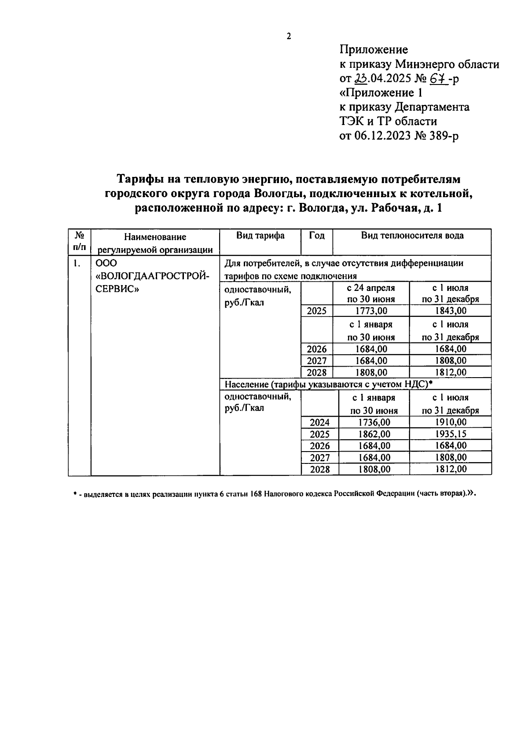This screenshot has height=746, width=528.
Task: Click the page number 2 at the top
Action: pyautogui.click(x=289, y=37)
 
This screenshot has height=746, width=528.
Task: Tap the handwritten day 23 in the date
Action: pyautogui.click(x=360, y=78)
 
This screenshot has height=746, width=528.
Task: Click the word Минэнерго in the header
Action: pyautogui.click(x=423, y=64)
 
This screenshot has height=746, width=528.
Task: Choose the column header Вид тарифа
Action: pyautogui.click(x=260, y=235)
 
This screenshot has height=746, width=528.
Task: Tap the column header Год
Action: pyautogui.click(x=317, y=235)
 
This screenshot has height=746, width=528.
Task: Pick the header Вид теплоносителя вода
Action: pyautogui.click(x=412, y=235)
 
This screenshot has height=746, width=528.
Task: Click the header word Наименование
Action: pyautogui.click(x=155, y=237)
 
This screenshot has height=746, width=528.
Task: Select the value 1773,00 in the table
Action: pyautogui.click(x=371, y=311)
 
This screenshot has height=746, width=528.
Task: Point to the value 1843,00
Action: pyautogui.click(x=450, y=311)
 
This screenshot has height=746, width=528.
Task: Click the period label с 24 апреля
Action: pyautogui.click(x=371, y=288)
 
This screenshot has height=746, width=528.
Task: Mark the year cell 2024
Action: pyautogui.click(x=320, y=423)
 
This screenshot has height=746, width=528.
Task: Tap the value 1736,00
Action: pyautogui.click(x=374, y=423)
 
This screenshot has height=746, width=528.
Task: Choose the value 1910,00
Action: pyautogui.click(x=451, y=423)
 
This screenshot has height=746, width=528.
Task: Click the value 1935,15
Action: pyautogui.click(x=451, y=434)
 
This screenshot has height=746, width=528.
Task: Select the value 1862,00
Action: pyautogui.click(x=374, y=434)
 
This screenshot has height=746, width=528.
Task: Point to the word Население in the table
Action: pyautogui.click(x=246, y=385)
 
